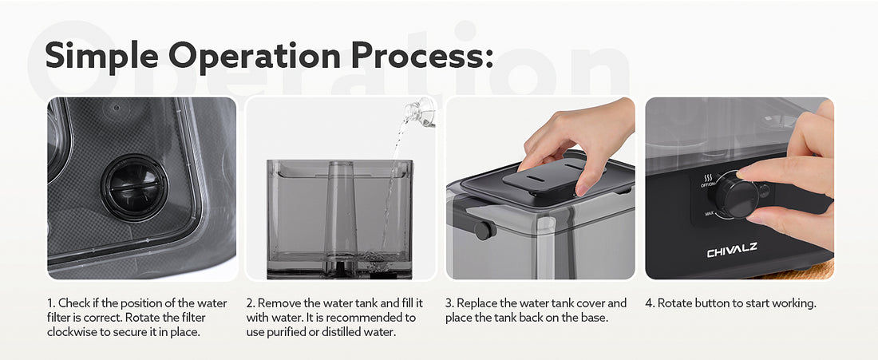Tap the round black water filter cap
[134, 187]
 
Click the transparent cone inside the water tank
[341, 211]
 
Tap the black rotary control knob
[733, 194]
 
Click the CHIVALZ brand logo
[732, 251]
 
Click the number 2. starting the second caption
[251, 303]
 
